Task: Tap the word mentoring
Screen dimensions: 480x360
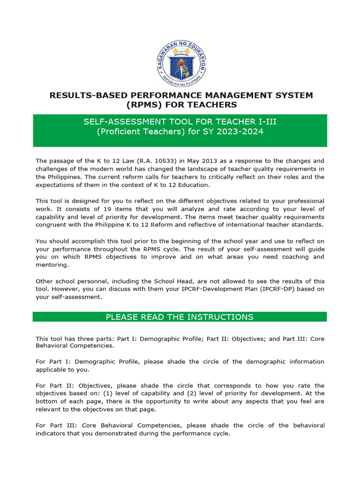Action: point(52,265)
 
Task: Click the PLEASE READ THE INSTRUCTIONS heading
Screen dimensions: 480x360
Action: point(180,317)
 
